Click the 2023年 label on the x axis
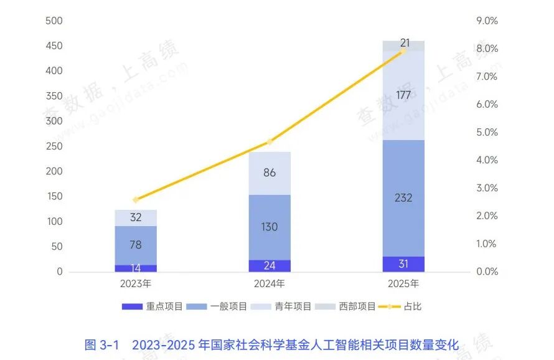135,284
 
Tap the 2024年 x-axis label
270,284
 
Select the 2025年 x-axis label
403,284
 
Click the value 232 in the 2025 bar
403,198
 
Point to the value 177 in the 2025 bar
403,95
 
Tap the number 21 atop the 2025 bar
405,43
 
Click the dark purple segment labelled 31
403,264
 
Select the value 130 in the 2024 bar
270,227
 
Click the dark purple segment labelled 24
270,266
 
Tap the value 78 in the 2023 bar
135,245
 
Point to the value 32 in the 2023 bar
135,218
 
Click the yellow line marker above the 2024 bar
270,142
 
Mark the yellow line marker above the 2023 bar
136,200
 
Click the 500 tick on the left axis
55,21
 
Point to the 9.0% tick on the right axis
487,21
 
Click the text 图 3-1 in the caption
101,344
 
